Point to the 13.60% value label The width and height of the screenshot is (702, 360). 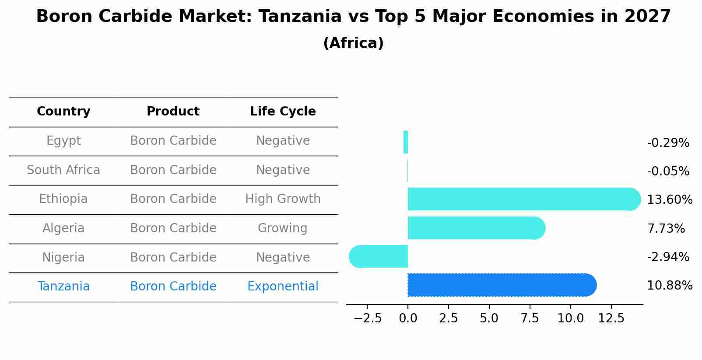pyautogui.click(x=670, y=200)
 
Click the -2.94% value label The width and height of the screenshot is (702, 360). pyautogui.click(x=668, y=257)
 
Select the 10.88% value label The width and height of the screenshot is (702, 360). pyautogui.click(x=670, y=286)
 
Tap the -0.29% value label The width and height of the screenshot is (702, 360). pyautogui.click(x=668, y=143)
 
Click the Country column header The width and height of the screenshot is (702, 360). pyautogui.click(x=63, y=112)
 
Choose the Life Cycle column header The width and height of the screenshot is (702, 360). pyautogui.click(x=283, y=112)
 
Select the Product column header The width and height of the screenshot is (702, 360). pyautogui.click(x=173, y=112)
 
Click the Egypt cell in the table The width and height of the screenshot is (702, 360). pyautogui.click(x=63, y=141)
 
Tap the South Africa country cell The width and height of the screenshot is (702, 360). pyautogui.click(x=63, y=170)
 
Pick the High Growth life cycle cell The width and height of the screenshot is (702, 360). pyautogui.click(x=283, y=199)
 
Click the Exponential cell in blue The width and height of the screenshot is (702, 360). pyautogui.click(x=283, y=287)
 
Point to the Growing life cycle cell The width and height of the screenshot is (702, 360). pyautogui.click(x=283, y=228)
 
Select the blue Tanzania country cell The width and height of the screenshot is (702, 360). pyautogui.click(x=63, y=287)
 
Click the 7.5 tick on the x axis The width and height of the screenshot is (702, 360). pyautogui.click(x=530, y=318)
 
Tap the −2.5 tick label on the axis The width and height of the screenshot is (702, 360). pyautogui.click(x=367, y=318)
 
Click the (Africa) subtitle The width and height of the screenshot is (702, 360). pyautogui.click(x=353, y=43)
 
